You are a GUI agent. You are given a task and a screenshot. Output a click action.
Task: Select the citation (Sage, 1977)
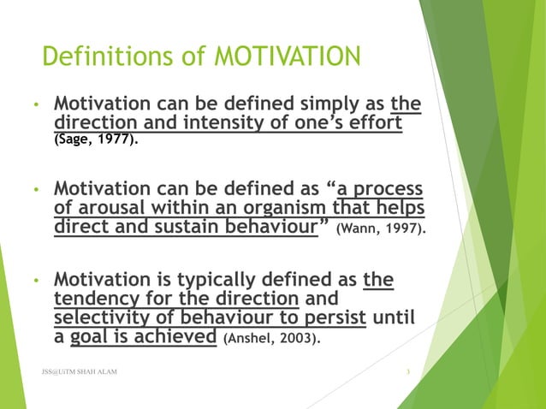94,139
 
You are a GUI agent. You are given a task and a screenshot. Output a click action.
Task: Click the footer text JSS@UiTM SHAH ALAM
80,372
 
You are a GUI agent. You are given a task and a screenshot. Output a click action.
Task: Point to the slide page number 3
410,372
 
